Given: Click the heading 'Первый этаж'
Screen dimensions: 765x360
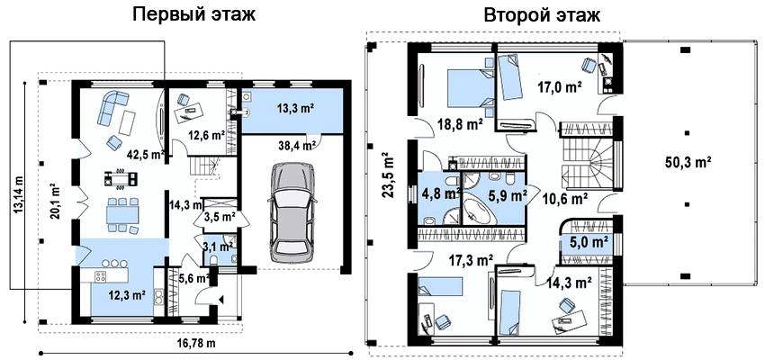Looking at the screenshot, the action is click(x=194, y=15).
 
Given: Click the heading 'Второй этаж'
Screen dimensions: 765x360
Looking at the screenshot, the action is click(x=542, y=15).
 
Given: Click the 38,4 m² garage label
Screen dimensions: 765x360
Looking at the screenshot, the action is click(x=303, y=145).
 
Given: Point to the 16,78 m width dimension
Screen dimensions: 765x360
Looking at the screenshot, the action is click(x=196, y=343).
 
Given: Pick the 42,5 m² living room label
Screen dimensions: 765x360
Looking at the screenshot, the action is click(x=145, y=155).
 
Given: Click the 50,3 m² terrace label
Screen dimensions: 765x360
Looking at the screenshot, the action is click(x=688, y=161).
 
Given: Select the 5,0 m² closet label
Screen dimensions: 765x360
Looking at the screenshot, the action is click(x=589, y=241).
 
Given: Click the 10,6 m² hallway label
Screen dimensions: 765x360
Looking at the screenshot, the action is click(x=565, y=199).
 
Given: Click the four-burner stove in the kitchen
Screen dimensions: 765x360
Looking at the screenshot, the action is click(x=101, y=276).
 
